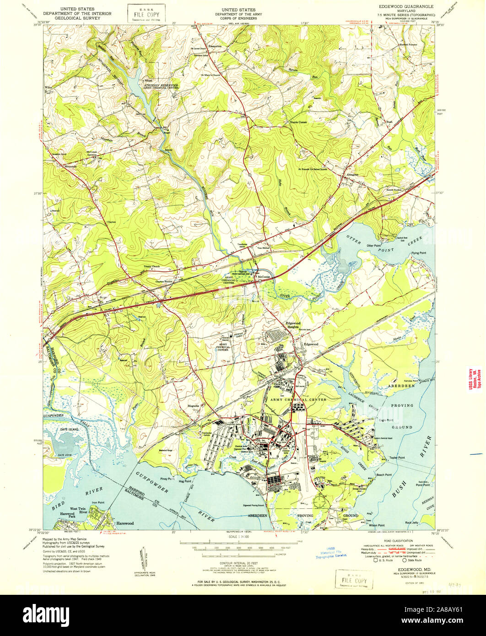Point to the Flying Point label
click(x=418, y=253)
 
